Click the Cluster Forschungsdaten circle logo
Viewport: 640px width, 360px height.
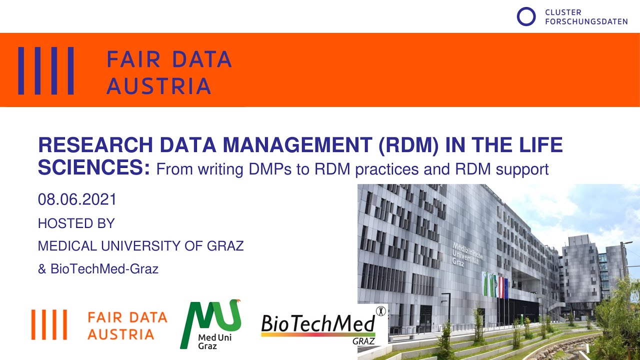coord(526,16)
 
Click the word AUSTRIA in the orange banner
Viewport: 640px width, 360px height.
coord(158,86)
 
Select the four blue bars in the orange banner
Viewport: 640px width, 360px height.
coord(46,70)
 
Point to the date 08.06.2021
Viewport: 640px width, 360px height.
coord(77,199)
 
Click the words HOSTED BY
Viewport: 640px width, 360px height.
coord(76,223)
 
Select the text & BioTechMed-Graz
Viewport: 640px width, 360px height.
coord(98,269)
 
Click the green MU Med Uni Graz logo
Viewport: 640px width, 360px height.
coord(210,323)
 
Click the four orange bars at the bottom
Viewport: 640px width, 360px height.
coord(49,324)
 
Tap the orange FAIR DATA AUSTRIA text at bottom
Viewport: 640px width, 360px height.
coord(127,325)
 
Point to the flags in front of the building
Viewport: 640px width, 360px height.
coord(494,286)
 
